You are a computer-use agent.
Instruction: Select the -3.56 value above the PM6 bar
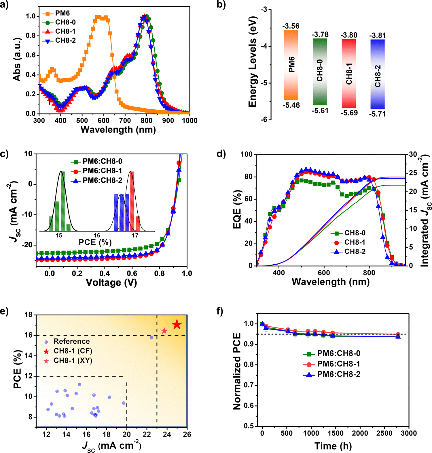coord(291,26)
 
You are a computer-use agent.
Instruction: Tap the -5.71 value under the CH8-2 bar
coord(377,114)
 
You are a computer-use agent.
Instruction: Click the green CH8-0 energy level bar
coord(320,72)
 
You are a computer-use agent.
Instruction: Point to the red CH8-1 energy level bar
coord(349,74)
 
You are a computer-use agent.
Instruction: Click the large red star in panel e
coord(177,325)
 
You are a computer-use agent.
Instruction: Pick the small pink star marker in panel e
coord(164,331)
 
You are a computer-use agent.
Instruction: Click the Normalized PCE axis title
coord(237,371)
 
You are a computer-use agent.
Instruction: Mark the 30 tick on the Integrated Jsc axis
coord(412,155)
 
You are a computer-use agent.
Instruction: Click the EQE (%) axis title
coord(237,210)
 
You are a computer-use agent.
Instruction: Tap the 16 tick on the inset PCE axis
coord(97,235)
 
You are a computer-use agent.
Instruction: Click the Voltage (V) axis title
coord(111,282)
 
